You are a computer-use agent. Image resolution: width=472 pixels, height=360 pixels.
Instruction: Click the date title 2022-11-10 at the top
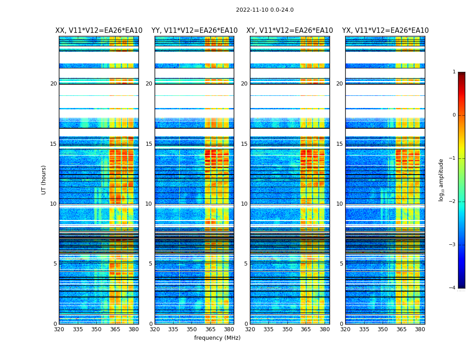point(264,10)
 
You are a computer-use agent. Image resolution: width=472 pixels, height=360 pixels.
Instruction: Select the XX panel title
point(99,31)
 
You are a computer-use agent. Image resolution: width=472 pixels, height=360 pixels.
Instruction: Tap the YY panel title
point(194,31)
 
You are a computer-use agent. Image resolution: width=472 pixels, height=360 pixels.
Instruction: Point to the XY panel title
point(289,31)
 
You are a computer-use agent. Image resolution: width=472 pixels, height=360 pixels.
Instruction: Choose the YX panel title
point(385,31)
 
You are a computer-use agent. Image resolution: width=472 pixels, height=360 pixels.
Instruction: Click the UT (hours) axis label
point(44,180)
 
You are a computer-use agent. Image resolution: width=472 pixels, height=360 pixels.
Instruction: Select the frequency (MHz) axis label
point(217,338)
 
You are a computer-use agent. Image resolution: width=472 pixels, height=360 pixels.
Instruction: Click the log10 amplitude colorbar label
point(441,180)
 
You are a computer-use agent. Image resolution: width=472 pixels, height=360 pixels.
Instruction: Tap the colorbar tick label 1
point(454,72)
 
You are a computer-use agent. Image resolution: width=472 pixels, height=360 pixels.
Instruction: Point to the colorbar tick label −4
point(453,288)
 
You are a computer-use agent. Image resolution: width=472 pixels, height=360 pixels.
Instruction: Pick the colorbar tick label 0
point(454,115)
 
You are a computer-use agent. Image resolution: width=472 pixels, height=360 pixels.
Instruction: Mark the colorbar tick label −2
point(453,202)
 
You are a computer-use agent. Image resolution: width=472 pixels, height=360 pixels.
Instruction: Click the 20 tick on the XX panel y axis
point(53,84)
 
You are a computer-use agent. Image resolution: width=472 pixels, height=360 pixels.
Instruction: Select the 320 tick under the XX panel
point(59,329)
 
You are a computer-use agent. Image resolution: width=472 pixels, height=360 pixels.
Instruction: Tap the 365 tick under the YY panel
point(210,329)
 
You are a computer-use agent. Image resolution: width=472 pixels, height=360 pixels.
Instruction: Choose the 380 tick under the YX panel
point(420,329)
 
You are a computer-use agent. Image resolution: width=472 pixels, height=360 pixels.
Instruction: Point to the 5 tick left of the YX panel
point(341,264)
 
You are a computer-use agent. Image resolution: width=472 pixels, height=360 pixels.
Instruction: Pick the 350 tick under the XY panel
point(287,329)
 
